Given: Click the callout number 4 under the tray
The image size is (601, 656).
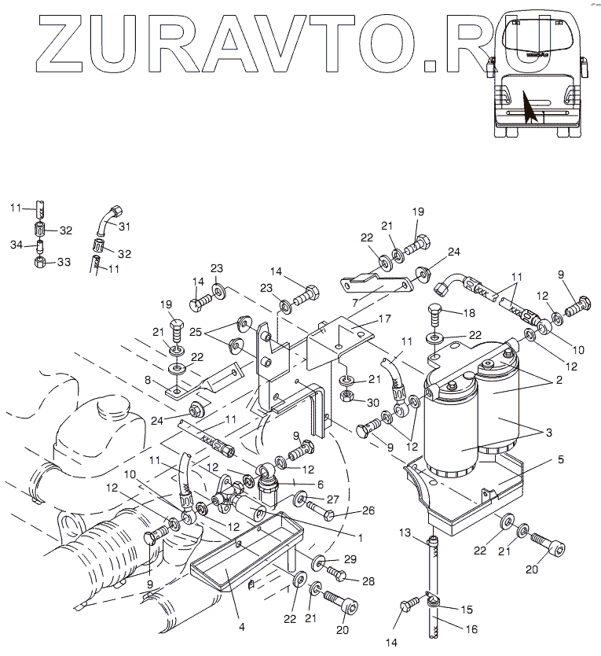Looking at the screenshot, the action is coord(242,627).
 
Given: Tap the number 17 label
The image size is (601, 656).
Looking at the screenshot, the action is coord(384,319).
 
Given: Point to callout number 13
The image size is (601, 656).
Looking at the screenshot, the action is coord(405,533).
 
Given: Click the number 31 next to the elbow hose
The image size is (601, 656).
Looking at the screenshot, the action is coord(123,227).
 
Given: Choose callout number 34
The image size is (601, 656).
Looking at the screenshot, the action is coord(15,246).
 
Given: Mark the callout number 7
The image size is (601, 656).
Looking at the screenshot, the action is coord(355,302).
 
